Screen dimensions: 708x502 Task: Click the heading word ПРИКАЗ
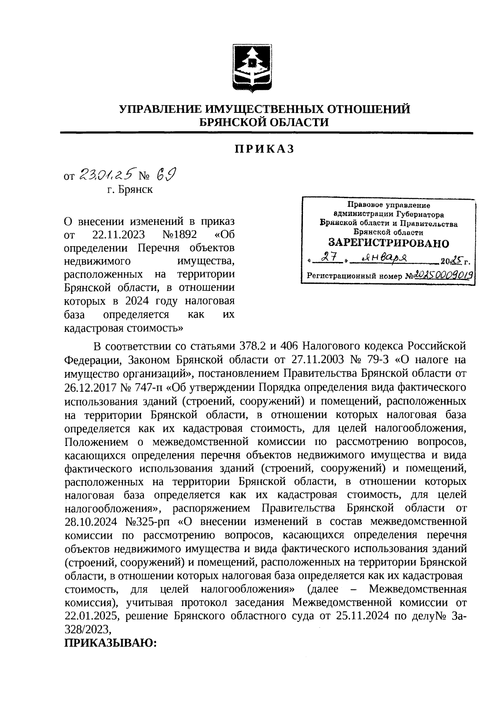[264, 150]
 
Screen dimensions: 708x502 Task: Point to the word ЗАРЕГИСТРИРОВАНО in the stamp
[388, 243]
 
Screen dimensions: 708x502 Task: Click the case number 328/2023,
[88, 629]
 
